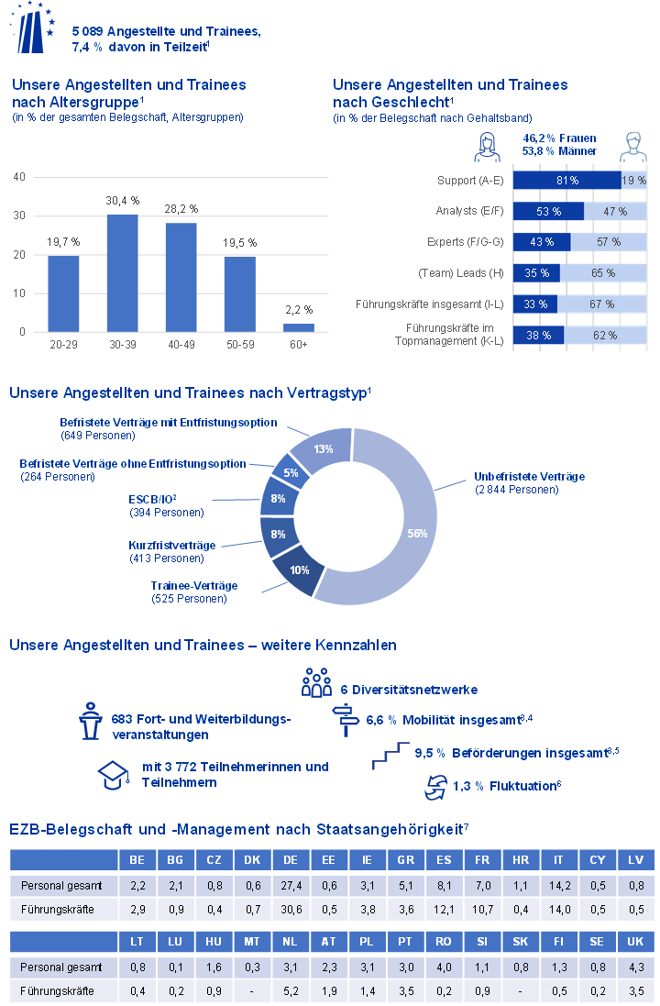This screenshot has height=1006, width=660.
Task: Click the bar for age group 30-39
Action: click(122, 272)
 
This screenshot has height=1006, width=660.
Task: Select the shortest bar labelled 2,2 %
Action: click(299, 327)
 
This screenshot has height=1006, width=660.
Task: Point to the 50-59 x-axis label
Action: click(239, 344)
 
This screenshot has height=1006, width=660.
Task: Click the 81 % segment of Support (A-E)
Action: click(566, 182)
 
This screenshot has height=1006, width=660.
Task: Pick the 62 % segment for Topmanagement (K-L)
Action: click(604, 336)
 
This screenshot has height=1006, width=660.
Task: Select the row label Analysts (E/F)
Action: click(469, 212)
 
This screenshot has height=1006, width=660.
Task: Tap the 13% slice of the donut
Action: click(324, 450)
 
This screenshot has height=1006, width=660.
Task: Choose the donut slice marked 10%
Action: click(298, 569)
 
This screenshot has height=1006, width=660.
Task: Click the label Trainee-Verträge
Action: click(194, 586)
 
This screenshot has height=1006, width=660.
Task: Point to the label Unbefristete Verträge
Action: click(529, 477)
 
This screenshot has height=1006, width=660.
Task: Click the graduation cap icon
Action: click(111, 775)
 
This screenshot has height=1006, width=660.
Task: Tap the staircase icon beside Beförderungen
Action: click(390, 756)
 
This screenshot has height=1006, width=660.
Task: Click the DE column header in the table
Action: click(290, 861)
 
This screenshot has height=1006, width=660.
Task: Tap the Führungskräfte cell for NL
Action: click(290, 990)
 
